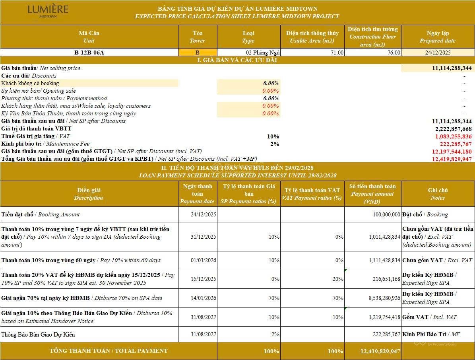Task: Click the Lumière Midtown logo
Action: point(48,11)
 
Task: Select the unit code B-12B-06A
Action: point(89,53)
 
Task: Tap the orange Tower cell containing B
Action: point(198,53)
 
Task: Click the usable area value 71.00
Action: point(336,53)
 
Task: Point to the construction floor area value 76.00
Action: point(394,53)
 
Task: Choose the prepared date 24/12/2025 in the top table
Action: point(437,53)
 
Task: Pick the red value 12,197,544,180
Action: point(452,152)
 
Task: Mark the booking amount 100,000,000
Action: point(381,214)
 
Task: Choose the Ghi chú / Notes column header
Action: point(438,194)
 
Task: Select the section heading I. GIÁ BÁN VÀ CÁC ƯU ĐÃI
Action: point(237,60)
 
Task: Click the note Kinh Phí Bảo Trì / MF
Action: point(431,335)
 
